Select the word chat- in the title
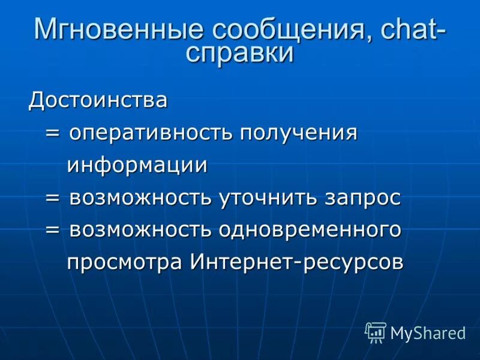407,30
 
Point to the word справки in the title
240,53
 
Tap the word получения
298,133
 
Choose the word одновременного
310,230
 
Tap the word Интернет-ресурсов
296,262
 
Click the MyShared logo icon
376,332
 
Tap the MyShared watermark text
428,334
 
